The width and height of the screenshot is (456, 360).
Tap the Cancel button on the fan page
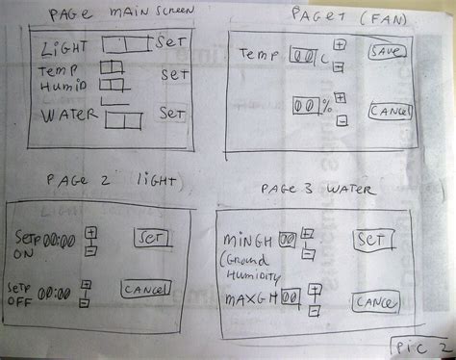[388, 112]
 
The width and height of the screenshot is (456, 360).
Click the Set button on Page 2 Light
[151, 236]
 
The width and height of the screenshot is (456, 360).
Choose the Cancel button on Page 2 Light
[146, 287]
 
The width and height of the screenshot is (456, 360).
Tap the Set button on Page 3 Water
[371, 239]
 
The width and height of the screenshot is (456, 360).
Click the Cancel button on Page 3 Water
[373, 301]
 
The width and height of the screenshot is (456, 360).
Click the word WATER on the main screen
[70, 116]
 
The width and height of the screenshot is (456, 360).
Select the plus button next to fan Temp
[339, 44]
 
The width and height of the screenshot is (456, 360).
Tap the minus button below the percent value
[342, 120]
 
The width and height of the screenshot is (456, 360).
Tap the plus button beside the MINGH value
[307, 234]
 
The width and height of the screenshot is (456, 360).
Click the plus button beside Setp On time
[90, 233]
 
